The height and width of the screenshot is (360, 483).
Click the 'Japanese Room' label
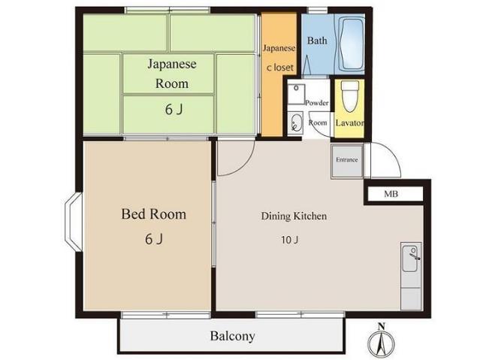[x=171, y=74]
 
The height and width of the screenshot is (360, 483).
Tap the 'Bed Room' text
[x=153, y=215]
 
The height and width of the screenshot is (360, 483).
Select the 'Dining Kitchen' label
[x=294, y=216]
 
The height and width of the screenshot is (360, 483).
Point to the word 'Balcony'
[x=232, y=336]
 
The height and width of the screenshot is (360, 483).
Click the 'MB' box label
[x=391, y=195]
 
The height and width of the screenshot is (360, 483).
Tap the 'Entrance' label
[x=346, y=160]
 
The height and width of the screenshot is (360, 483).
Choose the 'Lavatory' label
[x=350, y=123]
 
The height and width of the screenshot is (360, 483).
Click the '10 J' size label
[x=291, y=241]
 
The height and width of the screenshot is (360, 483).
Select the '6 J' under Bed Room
[x=153, y=240]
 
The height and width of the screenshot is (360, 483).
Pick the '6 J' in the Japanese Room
[x=174, y=110]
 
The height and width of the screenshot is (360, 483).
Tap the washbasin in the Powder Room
[x=294, y=124]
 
